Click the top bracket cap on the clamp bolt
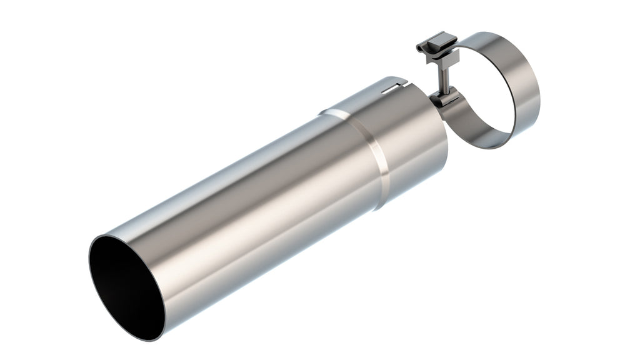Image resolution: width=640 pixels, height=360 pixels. click(434, 43)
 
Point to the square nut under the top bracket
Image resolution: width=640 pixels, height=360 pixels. click(444, 59)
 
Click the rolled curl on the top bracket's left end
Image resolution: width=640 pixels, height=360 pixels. click(420, 46)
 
